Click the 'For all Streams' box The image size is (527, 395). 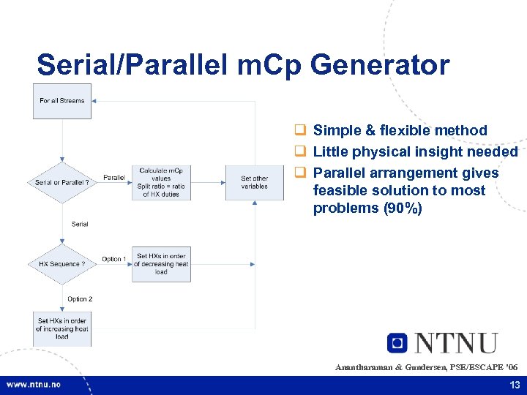62,101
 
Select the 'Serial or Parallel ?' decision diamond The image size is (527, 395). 62,182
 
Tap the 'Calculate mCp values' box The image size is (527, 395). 161,182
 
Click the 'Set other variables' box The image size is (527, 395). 255,182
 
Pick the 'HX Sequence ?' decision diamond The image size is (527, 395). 62,264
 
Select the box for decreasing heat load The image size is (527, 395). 161,264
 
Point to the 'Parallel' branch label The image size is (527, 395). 113,177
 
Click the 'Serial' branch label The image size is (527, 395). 80,224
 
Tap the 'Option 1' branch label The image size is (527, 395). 113,259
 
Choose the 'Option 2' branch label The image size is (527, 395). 80,299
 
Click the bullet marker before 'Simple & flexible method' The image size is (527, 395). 299,131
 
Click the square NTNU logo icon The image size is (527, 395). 397,342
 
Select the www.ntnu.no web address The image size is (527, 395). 34,385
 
